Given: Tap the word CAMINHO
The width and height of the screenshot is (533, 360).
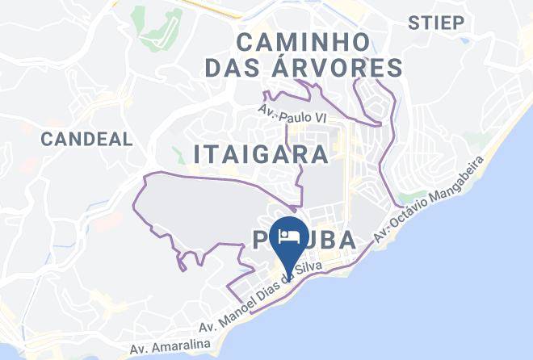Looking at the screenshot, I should pyautogui.click(x=304, y=40).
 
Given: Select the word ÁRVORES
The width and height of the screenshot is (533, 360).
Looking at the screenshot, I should pyautogui.click(x=351, y=69).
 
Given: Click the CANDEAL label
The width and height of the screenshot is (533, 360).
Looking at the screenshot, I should pyautogui.click(x=86, y=139).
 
